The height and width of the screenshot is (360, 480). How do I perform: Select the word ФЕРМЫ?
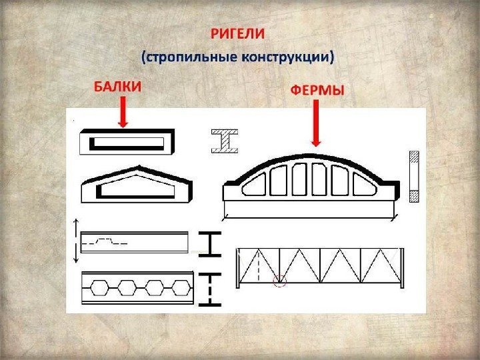[317, 89]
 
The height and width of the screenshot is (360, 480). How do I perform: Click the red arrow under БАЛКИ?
[122, 111]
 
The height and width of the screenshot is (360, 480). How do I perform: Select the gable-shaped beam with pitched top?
[136, 185]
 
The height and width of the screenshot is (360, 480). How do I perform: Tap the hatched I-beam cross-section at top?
[225, 141]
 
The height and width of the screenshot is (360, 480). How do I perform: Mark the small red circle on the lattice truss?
[280, 282]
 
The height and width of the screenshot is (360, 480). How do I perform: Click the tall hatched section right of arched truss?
[413, 177]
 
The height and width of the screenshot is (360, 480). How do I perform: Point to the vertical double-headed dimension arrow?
[75, 241]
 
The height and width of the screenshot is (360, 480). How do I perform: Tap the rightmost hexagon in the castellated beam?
[180, 289]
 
